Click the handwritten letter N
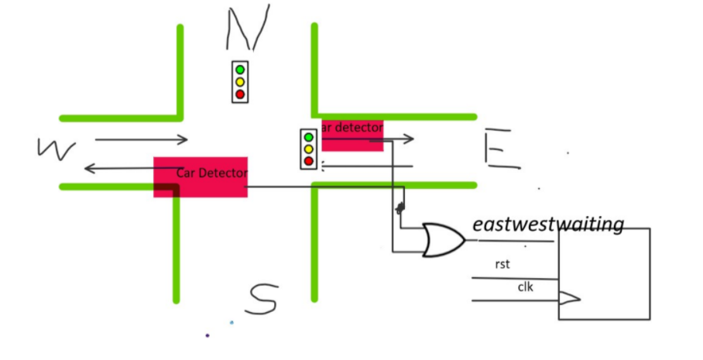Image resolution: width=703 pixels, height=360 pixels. pyautogui.click(x=247, y=29)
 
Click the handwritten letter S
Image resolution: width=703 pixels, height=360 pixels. pyautogui.click(x=262, y=299)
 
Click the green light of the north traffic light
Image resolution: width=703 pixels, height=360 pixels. pyautogui.click(x=240, y=70)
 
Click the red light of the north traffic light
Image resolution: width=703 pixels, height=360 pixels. pyautogui.click(x=240, y=94)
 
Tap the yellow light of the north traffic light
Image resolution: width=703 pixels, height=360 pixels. pyautogui.click(x=240, y=82)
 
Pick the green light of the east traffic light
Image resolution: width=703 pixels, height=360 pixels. pyautogui.click(x=309, y=137)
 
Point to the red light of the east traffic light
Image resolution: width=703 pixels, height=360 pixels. pyautogui.click(x=309, y=161)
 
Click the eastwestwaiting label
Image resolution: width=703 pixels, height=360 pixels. pyautogui.click(x=547, y=225)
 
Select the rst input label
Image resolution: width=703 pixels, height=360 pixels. pyautogui.click(x=502, y=265)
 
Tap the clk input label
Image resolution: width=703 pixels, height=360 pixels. pyautogui.click(x=526, y=287)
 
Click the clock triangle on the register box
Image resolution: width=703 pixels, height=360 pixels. pyautogui.click(x=569, y=298)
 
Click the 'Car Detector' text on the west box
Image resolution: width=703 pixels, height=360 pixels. pyautogui.click(x=212, y=173)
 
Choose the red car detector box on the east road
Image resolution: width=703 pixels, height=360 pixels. pyautogui.click(x=353, y=135)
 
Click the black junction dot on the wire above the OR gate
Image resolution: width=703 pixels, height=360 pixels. pyautogui.click(x=400, y=208)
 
